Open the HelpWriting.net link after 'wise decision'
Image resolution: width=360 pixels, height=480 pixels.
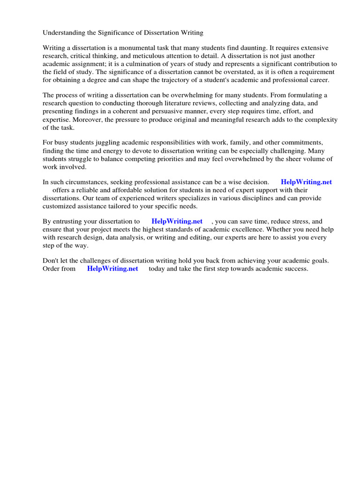point(306,182)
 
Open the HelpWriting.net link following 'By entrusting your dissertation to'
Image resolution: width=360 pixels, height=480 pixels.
point(177,222)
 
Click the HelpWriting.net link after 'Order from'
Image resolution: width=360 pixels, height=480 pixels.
point(112,269)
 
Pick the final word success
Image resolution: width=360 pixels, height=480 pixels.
point(296,269)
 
